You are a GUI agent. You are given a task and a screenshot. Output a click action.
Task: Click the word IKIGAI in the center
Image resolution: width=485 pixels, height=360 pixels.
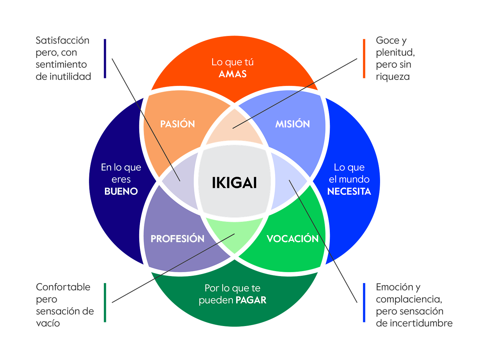[x=234, y=183]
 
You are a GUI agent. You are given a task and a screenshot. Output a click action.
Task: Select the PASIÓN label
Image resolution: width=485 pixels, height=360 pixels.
[x=178, y=124]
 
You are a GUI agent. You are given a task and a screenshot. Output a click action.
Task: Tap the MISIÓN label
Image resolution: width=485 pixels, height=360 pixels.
[x=292, y=124]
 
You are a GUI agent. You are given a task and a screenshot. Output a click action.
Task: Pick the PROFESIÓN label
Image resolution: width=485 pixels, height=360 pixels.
[x=178, y=238]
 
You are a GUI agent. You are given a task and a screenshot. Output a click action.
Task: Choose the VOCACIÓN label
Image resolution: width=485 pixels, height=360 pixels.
[x=292, y=238]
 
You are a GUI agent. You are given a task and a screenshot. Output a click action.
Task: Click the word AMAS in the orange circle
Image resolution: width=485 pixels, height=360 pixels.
[x=233, y=74]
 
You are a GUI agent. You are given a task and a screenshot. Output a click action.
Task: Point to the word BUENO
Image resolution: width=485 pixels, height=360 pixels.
[x=121, y=191]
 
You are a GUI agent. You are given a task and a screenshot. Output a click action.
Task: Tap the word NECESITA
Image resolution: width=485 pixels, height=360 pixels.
[x=349, y=191]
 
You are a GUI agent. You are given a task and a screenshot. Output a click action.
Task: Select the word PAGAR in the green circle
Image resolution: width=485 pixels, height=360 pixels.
[x=251, y=300]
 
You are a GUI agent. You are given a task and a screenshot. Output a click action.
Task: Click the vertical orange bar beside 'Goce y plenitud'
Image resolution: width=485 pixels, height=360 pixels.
[x=364, y=59]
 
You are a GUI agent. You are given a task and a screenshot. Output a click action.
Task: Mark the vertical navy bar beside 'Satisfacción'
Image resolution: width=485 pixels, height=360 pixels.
[x=105, y=59]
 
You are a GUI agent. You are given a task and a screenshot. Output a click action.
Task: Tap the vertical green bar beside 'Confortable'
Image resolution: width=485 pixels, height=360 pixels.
[x=105, y=302]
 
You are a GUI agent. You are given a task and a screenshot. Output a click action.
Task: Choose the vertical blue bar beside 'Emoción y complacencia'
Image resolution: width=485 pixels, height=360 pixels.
[x=364, y=302]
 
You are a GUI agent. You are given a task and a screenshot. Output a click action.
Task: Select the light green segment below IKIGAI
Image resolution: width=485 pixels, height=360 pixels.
[x=234, y=235]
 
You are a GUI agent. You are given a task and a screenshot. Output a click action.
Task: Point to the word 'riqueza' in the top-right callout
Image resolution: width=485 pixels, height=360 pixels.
[x=392, y=77]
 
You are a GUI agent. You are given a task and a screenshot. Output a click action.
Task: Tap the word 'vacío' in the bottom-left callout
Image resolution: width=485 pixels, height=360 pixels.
[x=48, y=323]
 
